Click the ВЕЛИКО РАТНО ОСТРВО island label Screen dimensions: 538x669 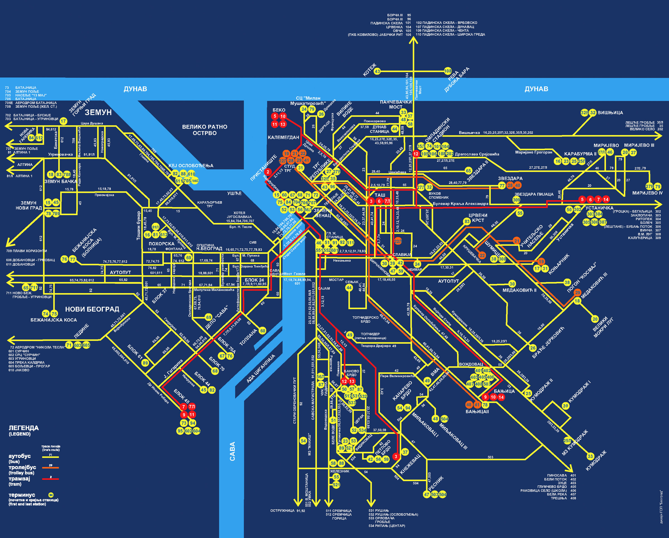tap(205, 130)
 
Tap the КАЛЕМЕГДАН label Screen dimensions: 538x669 tap(283, 137)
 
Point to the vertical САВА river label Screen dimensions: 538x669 tap(232, 451)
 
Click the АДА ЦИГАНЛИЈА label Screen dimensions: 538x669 tap(261, 369)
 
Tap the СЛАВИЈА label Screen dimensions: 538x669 tap(402, 254)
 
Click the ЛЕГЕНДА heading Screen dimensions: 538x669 tap(24, 428)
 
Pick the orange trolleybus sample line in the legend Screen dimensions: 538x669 tap(50, 467)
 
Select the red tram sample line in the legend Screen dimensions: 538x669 tap(50, 479)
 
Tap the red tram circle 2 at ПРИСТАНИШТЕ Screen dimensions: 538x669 tap(268, 172)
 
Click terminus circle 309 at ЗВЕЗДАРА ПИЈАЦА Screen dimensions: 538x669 tap(516, 200)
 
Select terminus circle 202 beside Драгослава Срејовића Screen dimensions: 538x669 tap(450, 154)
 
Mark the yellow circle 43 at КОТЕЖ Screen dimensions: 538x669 tap(377, 71)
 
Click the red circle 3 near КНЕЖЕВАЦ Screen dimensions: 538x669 tap(396, 456)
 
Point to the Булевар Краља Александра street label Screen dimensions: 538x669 tap(460, 204)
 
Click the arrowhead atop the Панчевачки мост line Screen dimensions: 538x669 tap(413, 40)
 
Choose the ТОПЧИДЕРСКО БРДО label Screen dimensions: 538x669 tap(365, 320)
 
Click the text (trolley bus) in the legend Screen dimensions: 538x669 tap(21, 473)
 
